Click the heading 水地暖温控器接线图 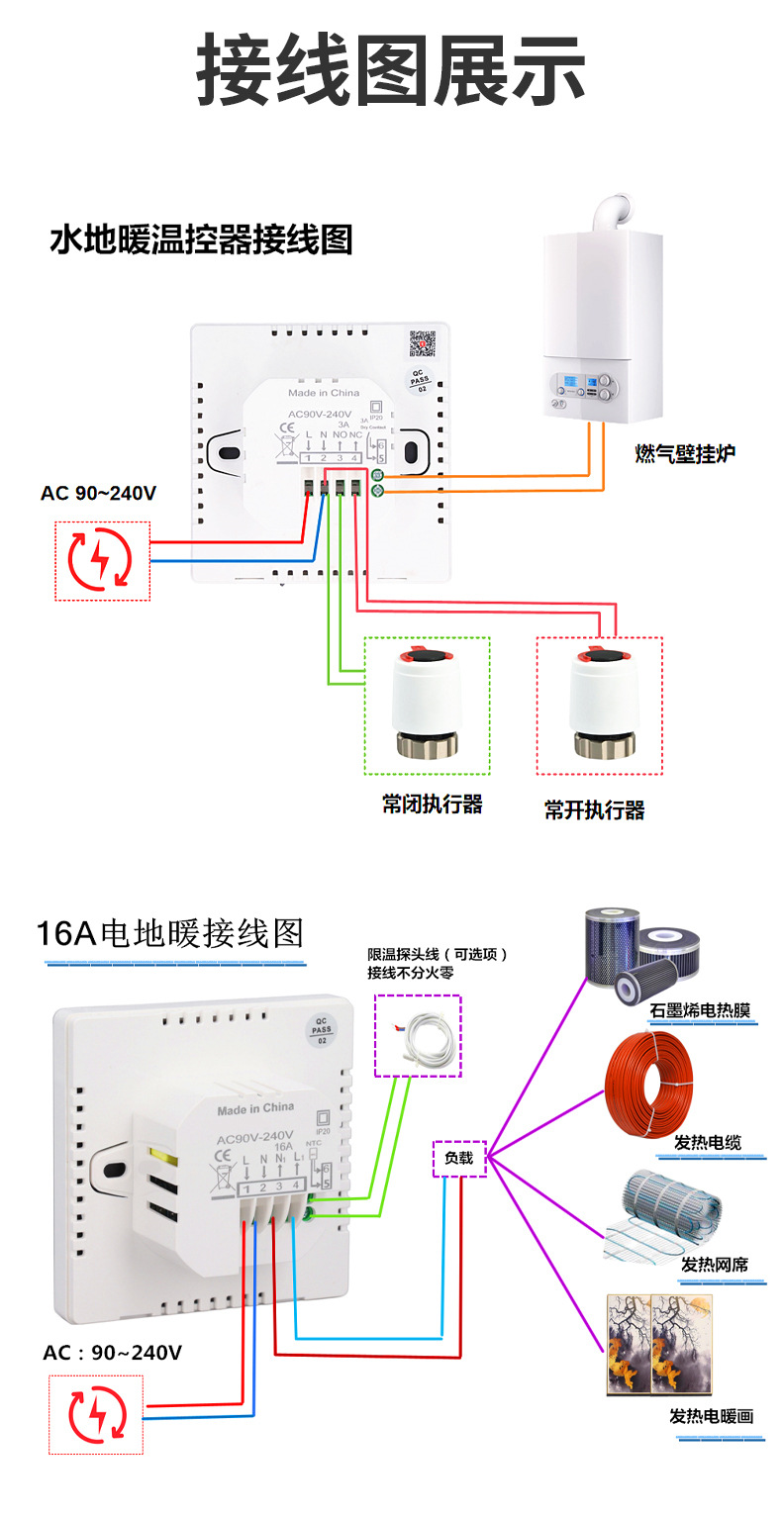[201, 239]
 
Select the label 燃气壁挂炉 [685, 454]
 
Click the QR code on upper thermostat [423, 342]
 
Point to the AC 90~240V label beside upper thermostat [98, 493]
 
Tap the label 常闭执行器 [433, 805]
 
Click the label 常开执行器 [594, 810]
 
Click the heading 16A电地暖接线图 [169, 933]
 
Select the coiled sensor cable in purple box [418, 1035]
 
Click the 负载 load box [459, 1158]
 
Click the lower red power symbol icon [96, 1414]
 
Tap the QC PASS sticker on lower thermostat [322, 1030]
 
